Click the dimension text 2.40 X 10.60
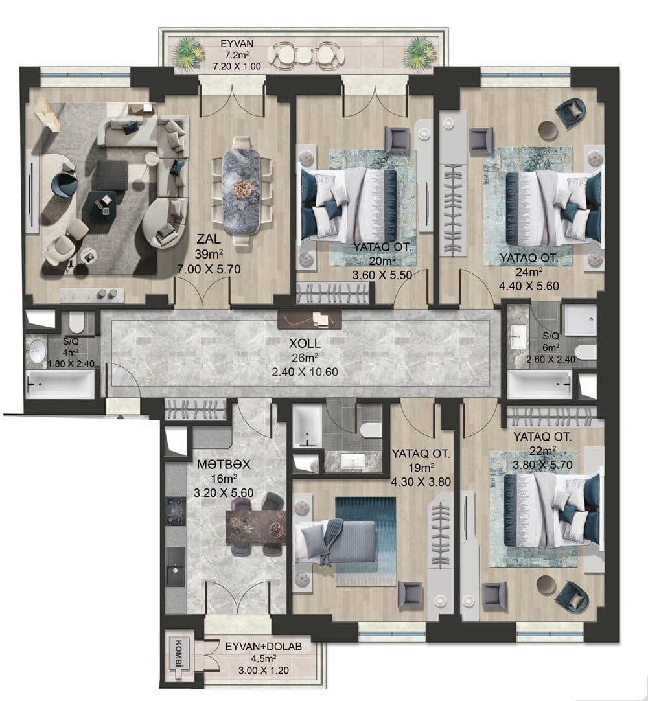(305, 372)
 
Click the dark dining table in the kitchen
(256, 525)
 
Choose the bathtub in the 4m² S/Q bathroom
(60, 387)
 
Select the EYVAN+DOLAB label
(268, 647)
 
